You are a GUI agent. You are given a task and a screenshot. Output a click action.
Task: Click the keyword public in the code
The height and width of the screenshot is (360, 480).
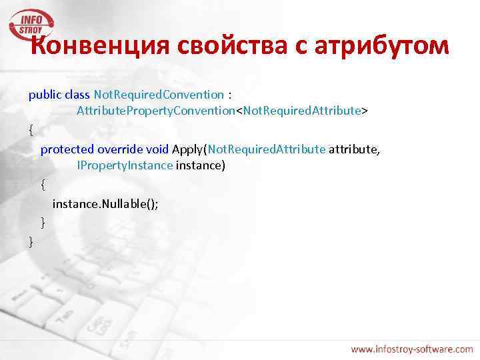tap(44, 95)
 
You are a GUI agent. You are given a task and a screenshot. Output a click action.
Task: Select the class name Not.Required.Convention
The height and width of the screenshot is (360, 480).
tap(159, 95)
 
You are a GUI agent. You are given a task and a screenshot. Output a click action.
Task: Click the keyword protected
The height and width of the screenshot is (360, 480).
tap(67, 149)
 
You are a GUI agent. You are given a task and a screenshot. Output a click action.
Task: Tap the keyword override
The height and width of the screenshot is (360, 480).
tap(117, 149)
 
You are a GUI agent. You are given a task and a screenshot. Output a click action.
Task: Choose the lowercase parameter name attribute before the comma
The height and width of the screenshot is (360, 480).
tap(353, 149)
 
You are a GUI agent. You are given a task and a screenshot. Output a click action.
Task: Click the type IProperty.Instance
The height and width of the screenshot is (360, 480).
tap(125, 165)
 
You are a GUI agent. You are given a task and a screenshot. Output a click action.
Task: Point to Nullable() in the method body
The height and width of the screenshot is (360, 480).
tap(129, 204)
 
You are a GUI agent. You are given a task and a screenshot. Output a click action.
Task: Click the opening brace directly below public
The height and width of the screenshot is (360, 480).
tap(31, 130)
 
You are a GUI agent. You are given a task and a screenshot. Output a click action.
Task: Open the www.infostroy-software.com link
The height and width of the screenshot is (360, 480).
tap(411, 349)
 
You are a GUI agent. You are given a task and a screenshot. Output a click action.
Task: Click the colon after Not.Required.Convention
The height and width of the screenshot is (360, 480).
tap(230, 95)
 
